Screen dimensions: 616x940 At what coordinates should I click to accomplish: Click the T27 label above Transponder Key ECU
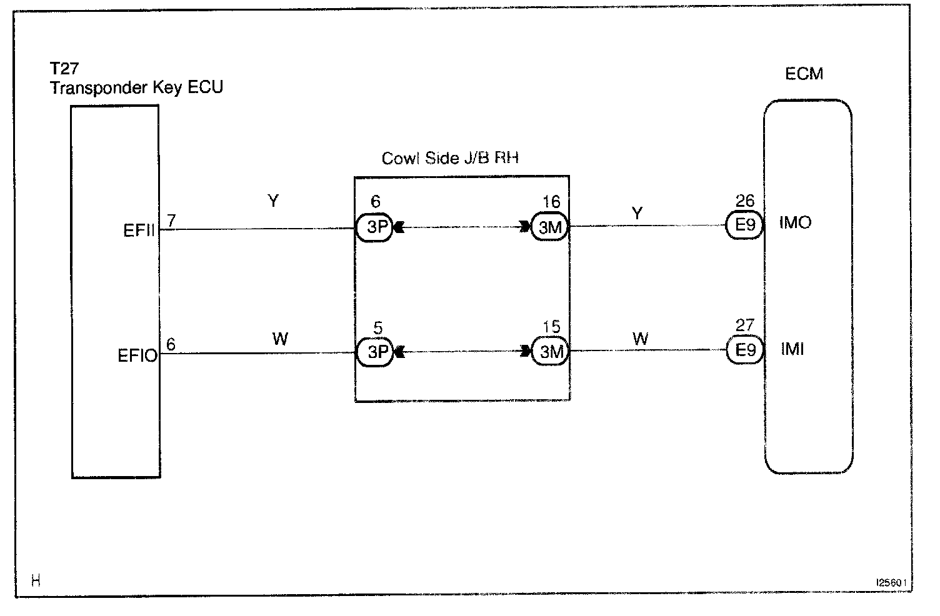click(64, 68)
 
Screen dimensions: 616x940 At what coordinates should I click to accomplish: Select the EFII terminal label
click(139, 231)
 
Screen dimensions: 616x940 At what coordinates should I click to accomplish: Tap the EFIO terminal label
click(137, 355)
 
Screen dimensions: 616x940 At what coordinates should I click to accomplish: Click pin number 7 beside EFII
click(171, 221)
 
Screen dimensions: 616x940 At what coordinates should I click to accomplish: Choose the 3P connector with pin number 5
click(376, 352)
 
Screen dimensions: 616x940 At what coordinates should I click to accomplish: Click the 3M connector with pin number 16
click(550, 227)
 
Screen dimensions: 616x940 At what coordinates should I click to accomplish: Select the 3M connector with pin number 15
click(550, 352)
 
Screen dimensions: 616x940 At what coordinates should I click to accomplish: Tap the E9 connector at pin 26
click(744, 225)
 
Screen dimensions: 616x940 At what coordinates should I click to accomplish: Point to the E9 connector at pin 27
click(744, 350)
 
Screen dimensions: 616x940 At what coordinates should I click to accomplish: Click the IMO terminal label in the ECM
click(795, 222)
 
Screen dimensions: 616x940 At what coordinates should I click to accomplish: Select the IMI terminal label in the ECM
click(792, 349)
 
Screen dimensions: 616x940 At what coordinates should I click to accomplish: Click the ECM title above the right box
click(804, 74)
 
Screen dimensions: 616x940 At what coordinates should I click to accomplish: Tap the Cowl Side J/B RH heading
click(450, 158)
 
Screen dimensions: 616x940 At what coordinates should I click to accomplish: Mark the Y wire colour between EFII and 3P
click(273, 201)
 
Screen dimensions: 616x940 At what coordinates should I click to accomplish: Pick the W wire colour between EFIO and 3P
click(280, 339)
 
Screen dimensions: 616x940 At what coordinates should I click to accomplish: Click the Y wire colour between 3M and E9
click(637, 214)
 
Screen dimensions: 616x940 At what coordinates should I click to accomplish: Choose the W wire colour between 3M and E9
click(640, 339)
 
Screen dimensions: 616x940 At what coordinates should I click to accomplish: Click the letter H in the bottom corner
click(36, 582)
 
